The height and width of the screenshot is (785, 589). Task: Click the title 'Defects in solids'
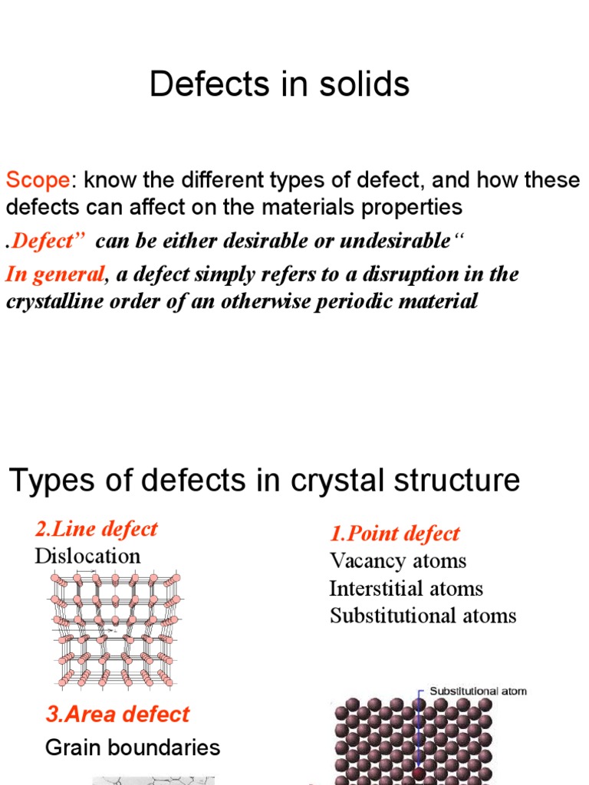pyautogui.click(x=279, y=84)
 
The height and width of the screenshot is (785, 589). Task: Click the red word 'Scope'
pyautogui.click(x=38, y=181)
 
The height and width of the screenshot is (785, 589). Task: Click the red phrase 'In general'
pyautogui.click(x=54, y=274)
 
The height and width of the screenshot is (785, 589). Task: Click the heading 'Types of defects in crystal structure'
pyautogui.click(x=264, y=481)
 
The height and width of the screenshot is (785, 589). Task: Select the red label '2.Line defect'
pyautogui.click(x=96, y=529)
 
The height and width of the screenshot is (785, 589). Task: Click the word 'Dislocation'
pyautogui.click(x=87, y=556)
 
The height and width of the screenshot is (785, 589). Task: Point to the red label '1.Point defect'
pyautogui.click(x=394, y=534)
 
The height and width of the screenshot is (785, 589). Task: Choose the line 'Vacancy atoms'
pyautogui.click(x=397, y=560)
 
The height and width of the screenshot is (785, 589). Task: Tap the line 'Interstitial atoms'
pyautogui.click(x=406, y=588)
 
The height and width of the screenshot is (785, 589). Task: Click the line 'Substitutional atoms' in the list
pyautogui.click(x=423, y=615)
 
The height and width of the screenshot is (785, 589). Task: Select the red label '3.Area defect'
pyautogui.click(x=117, y=714)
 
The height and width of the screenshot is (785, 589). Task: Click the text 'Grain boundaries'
pyautogui.click(x=133, y=747)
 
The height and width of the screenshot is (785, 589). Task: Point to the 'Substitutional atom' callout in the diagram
pyautogui.click(x=478, y=691)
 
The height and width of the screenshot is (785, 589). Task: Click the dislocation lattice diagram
pyautogui.click(x=116, y=629)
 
